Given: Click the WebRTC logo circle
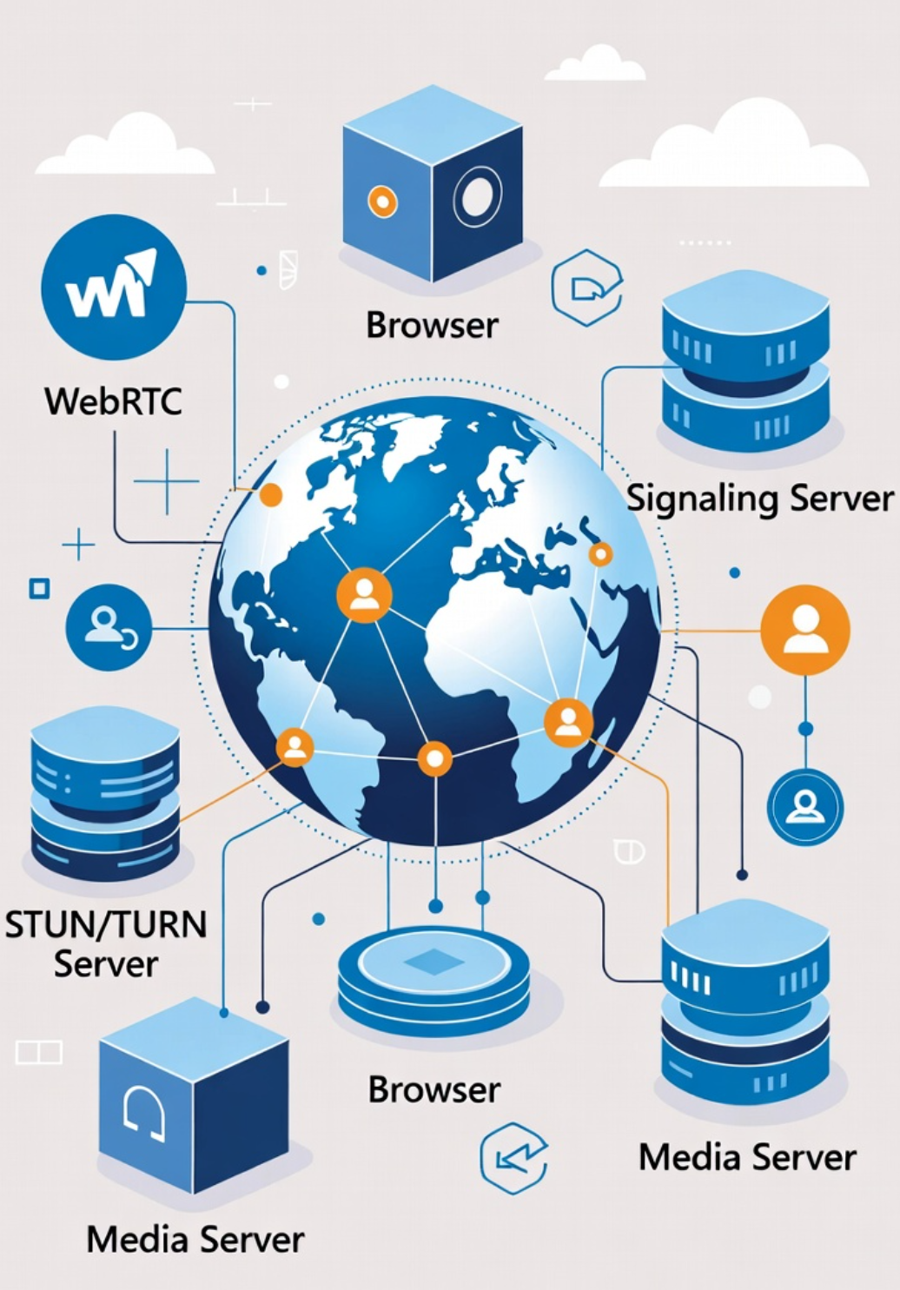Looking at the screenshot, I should [x=114, y=288].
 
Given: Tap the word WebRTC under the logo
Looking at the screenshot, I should [x=114, y=401].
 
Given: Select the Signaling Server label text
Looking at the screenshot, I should [x=760, y=499].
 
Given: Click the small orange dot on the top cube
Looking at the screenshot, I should [x=382, y=202].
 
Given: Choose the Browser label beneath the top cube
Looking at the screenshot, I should [x=432, y=325].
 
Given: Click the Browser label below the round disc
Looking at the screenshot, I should [x=434, y=1089].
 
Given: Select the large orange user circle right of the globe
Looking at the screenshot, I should [x=805, y=630].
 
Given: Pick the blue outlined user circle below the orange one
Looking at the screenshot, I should [x=805, y=807].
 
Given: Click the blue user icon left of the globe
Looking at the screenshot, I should [x=109, y=627].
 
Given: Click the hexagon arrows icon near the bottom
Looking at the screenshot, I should [x=514, y=1158].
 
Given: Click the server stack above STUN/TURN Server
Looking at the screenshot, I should [x=105, y=795].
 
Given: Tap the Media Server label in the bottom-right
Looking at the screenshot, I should [x=747, y=1157].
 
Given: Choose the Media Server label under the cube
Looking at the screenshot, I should [x=195, y=1239].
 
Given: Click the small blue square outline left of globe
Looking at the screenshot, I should [x=39, y=589].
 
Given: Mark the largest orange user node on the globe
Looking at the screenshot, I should [x=364, y=595].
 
